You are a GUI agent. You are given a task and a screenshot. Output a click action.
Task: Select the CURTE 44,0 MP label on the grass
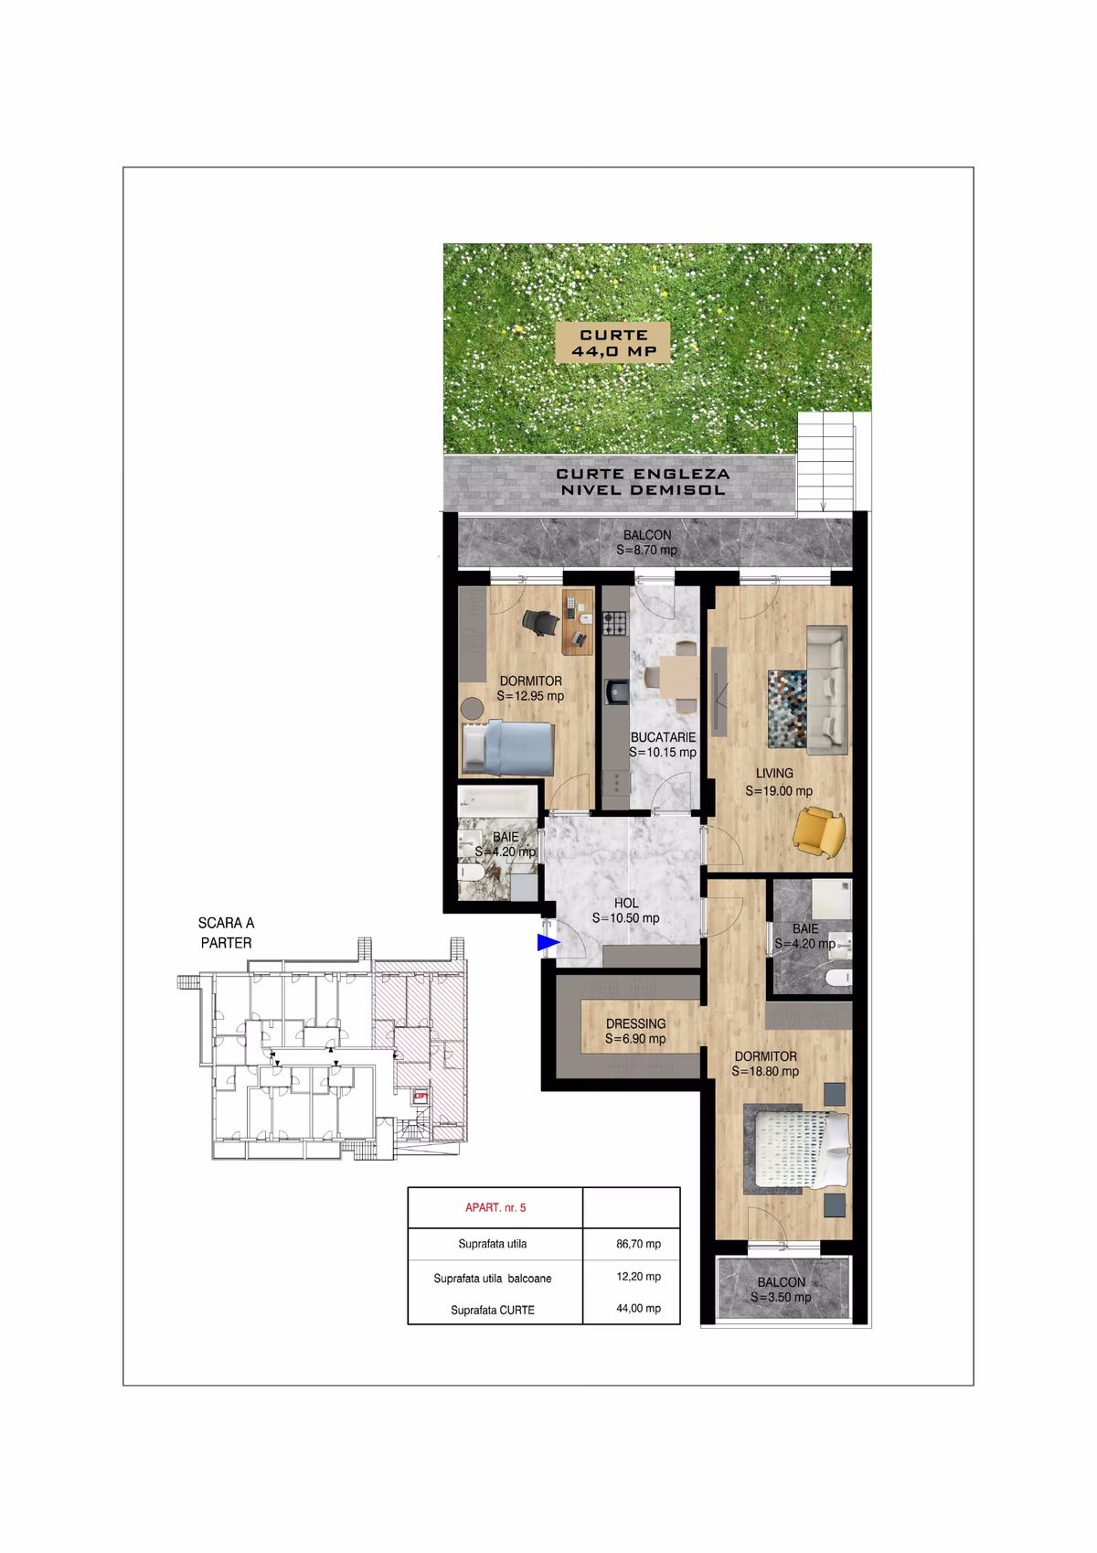[613, 342]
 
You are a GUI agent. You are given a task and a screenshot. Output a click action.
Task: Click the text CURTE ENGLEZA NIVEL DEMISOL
[643, 482]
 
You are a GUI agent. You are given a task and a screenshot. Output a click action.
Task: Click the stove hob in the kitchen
[614, 625]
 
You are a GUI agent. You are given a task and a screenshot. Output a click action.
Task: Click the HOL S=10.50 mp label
[626, 911]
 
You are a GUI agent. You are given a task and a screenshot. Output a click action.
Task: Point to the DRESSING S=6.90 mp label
[635, 1031]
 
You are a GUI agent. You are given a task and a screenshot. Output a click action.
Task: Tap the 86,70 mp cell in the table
[638, 1244]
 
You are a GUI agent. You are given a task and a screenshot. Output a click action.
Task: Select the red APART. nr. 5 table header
[495, 1207]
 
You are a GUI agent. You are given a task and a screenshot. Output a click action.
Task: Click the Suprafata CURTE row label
[493, 1310]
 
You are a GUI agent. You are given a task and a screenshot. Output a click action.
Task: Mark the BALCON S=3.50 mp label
[781, 1290]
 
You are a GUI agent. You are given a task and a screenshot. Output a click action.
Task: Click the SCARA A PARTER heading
[226, 933]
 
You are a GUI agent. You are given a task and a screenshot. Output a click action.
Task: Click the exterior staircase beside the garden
[825, 462]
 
